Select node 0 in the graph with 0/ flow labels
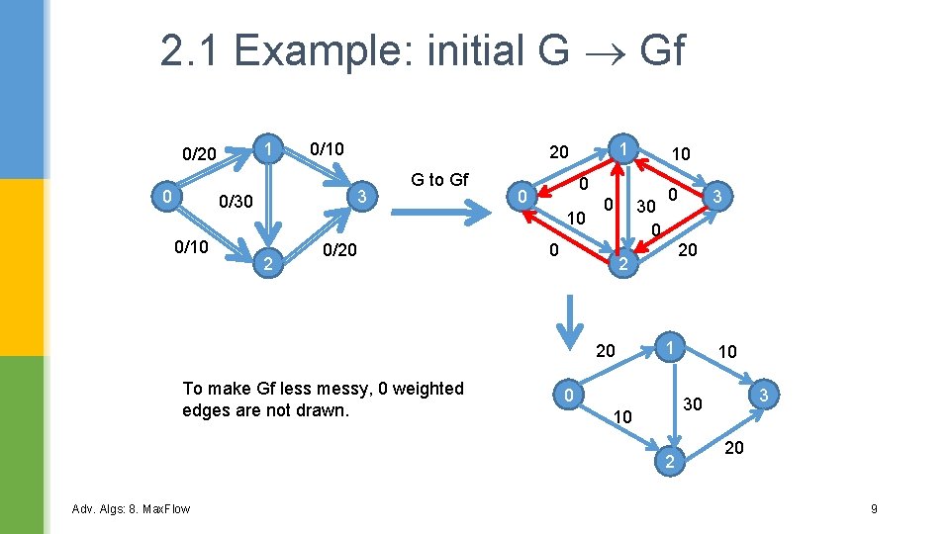point(168,198)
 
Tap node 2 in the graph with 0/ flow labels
point(264,262)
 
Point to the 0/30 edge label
point(235,201)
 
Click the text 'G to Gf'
point(439,179)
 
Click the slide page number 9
point(874,508)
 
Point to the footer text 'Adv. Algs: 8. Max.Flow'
point(131,508)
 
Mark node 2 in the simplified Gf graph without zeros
point(670,462)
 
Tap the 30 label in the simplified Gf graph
point(694,404)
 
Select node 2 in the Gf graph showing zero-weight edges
point(621,264)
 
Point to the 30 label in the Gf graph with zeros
point(645,207)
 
